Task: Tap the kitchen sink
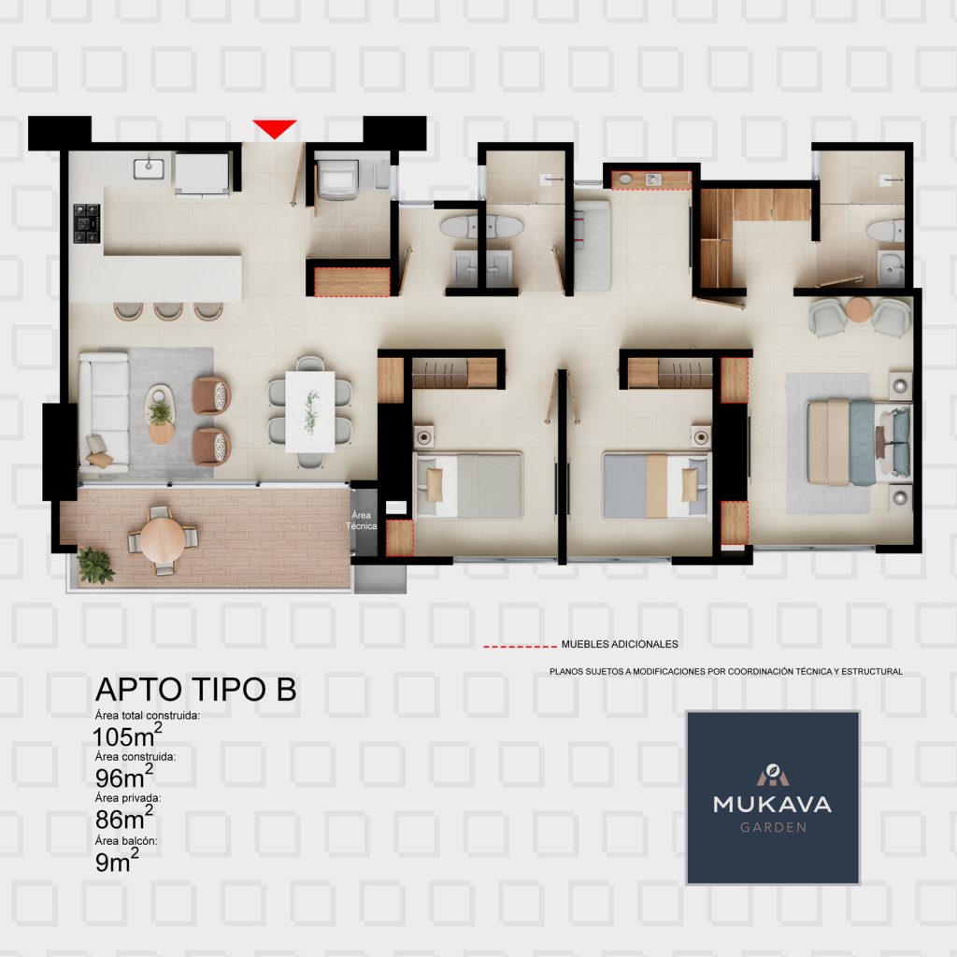149,168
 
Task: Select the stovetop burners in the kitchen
87,223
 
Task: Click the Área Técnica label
361,520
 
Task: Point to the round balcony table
163,539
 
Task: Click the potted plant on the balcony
94,564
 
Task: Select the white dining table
310,412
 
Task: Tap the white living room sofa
103,412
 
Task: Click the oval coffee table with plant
161,414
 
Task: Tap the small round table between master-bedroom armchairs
859,310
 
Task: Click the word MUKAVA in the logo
772,804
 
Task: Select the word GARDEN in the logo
773,828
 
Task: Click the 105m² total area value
127,736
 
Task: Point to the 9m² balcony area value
117,861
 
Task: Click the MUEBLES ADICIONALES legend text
620,644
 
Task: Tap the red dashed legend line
520,646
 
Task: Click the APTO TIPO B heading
196,689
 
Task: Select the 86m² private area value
124,818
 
